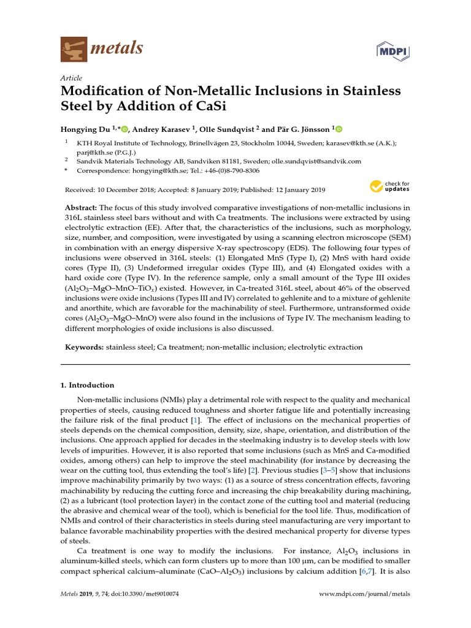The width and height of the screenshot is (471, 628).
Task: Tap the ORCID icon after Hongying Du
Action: tap(125, 129)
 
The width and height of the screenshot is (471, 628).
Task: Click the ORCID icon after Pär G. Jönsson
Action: tap(339, 129)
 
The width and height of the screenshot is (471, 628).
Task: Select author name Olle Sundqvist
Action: tap(228, 129)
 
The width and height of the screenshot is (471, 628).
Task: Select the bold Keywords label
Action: tap(85, 347)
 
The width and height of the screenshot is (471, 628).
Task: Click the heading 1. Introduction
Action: tap(87, 385)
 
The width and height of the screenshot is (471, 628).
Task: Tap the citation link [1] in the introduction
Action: tap(195, 419)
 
